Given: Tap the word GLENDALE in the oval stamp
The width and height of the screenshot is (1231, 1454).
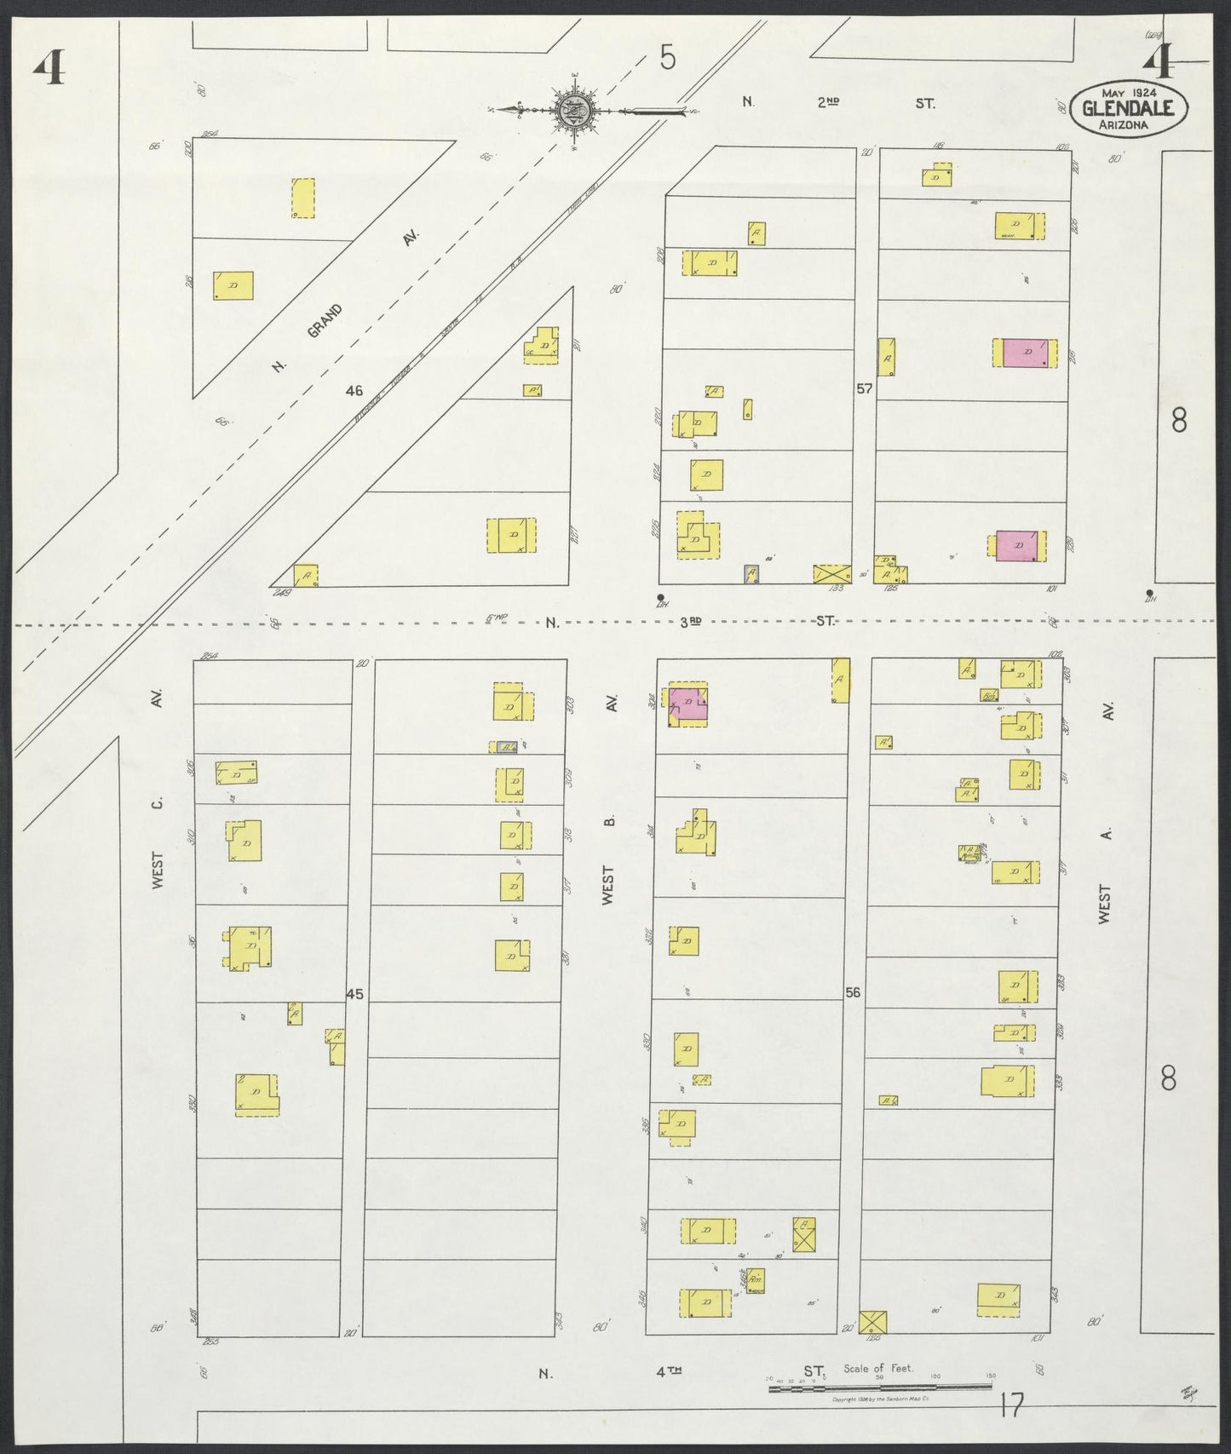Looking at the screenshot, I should [x=1128, y=107].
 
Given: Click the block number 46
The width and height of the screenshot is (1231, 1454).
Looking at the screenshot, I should [x=354, y=391].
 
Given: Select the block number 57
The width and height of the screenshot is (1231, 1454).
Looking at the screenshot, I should [x=865, y=388].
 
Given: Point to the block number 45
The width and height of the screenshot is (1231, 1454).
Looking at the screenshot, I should [x=354, y=994].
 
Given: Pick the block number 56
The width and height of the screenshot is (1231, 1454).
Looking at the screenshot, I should [x=853, y=992].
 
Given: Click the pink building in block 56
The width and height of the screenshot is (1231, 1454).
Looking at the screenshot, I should [x=689, y=705].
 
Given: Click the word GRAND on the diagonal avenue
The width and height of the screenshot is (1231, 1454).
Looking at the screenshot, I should [x=325, y=321].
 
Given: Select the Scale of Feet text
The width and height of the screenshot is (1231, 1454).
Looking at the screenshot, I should [x=877, y=1368].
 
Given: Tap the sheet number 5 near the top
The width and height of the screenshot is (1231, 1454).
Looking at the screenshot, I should [x=668, y=58].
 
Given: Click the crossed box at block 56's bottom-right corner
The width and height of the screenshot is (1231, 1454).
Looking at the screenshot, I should [x=872, y=1323].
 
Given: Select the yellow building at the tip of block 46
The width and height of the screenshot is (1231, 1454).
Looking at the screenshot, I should [x=306, y=575].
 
